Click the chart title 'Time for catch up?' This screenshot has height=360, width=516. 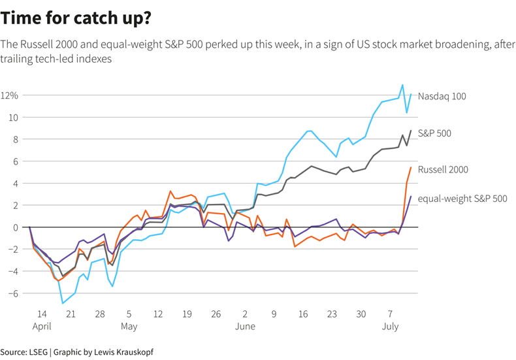click(x=76, y=18)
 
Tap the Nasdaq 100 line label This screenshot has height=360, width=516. click(x=442, y=96)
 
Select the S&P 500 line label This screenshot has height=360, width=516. click(x=434, y=133)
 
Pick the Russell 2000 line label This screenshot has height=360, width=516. click(x=443, y=170)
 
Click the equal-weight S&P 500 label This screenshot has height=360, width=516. click(x=462, y=199)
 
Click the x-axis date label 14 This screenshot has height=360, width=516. click(x=41, y=314)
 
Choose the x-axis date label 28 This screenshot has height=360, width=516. click(x=100, y=314)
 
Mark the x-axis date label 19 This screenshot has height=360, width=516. click(x=187, y=314)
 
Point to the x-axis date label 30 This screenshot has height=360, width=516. click(x=361, y=314)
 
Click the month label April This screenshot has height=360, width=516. click(x=41, y=326)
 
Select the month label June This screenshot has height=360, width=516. click(x=245, y=326)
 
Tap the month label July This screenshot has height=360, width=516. click(x=390, y=326)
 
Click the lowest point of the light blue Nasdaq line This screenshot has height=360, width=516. click(x=63, y=303)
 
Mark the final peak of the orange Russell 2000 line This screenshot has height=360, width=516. click(x=411, y=167)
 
